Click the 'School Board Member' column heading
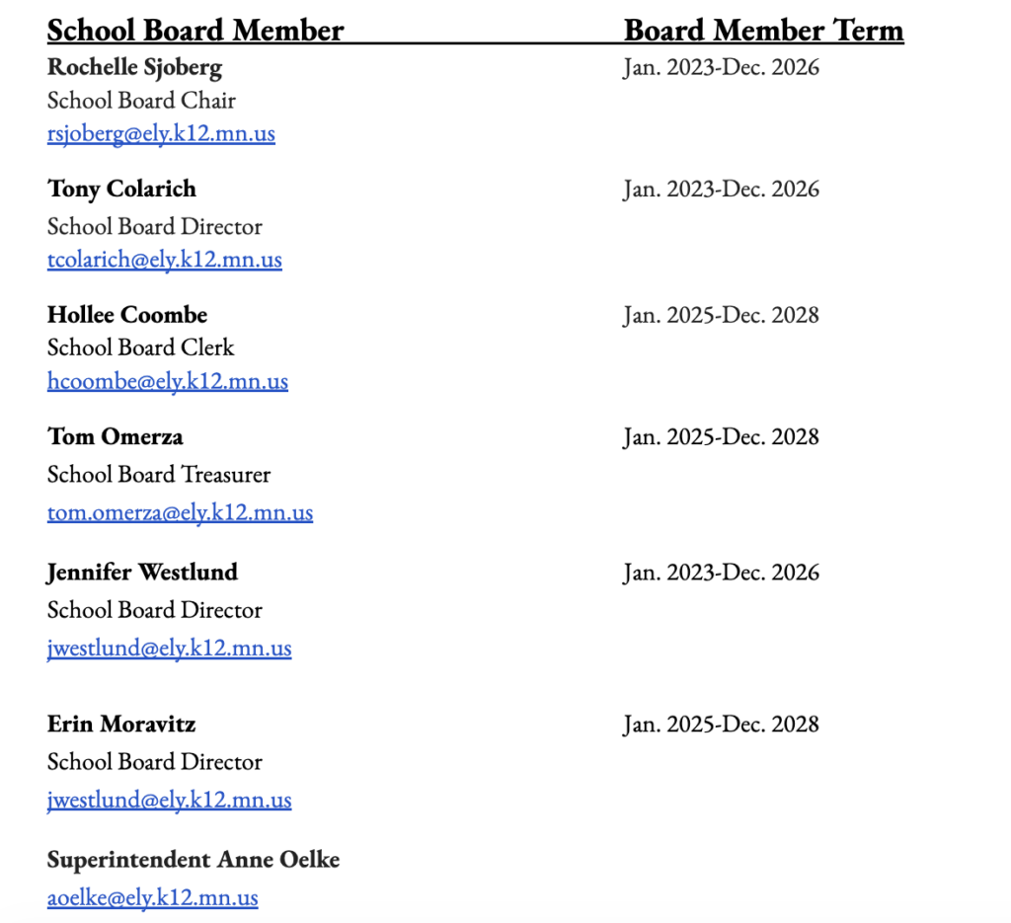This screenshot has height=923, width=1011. (x=195, y=31)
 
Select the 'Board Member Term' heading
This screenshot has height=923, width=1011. (x=763, y=31)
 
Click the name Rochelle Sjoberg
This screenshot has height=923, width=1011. (x=134, y=67)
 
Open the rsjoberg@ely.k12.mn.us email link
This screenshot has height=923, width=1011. (x=161, y=133)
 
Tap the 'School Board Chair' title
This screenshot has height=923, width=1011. (x=141, y=101)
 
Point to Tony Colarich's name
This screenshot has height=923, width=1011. (x=121, y=189)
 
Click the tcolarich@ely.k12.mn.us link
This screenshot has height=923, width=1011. (x=165, y=260)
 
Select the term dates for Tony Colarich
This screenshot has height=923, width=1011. (x=721, y=189)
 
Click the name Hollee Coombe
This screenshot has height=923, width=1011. (x=127, y=315)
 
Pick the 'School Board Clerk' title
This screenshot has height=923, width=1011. (x=141, y=347)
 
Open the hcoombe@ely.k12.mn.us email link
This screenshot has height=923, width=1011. (x=168, y=381)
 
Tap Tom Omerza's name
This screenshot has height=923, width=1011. (x=115, y=436)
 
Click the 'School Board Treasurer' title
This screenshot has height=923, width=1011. (x=159, y=475)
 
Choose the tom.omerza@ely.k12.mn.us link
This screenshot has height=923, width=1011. (x=180, y=513)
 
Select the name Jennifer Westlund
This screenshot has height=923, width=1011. (x=142, y=573)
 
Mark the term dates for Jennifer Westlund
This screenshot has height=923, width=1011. (x=721, y=573)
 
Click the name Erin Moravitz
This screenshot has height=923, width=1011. (x=121, y=725)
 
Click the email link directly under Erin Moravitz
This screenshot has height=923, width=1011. (x=169, y=800)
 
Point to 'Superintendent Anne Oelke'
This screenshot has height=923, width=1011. (x=194, y=860)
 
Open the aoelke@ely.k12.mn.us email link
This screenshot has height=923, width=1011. (x=153, y=897)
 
